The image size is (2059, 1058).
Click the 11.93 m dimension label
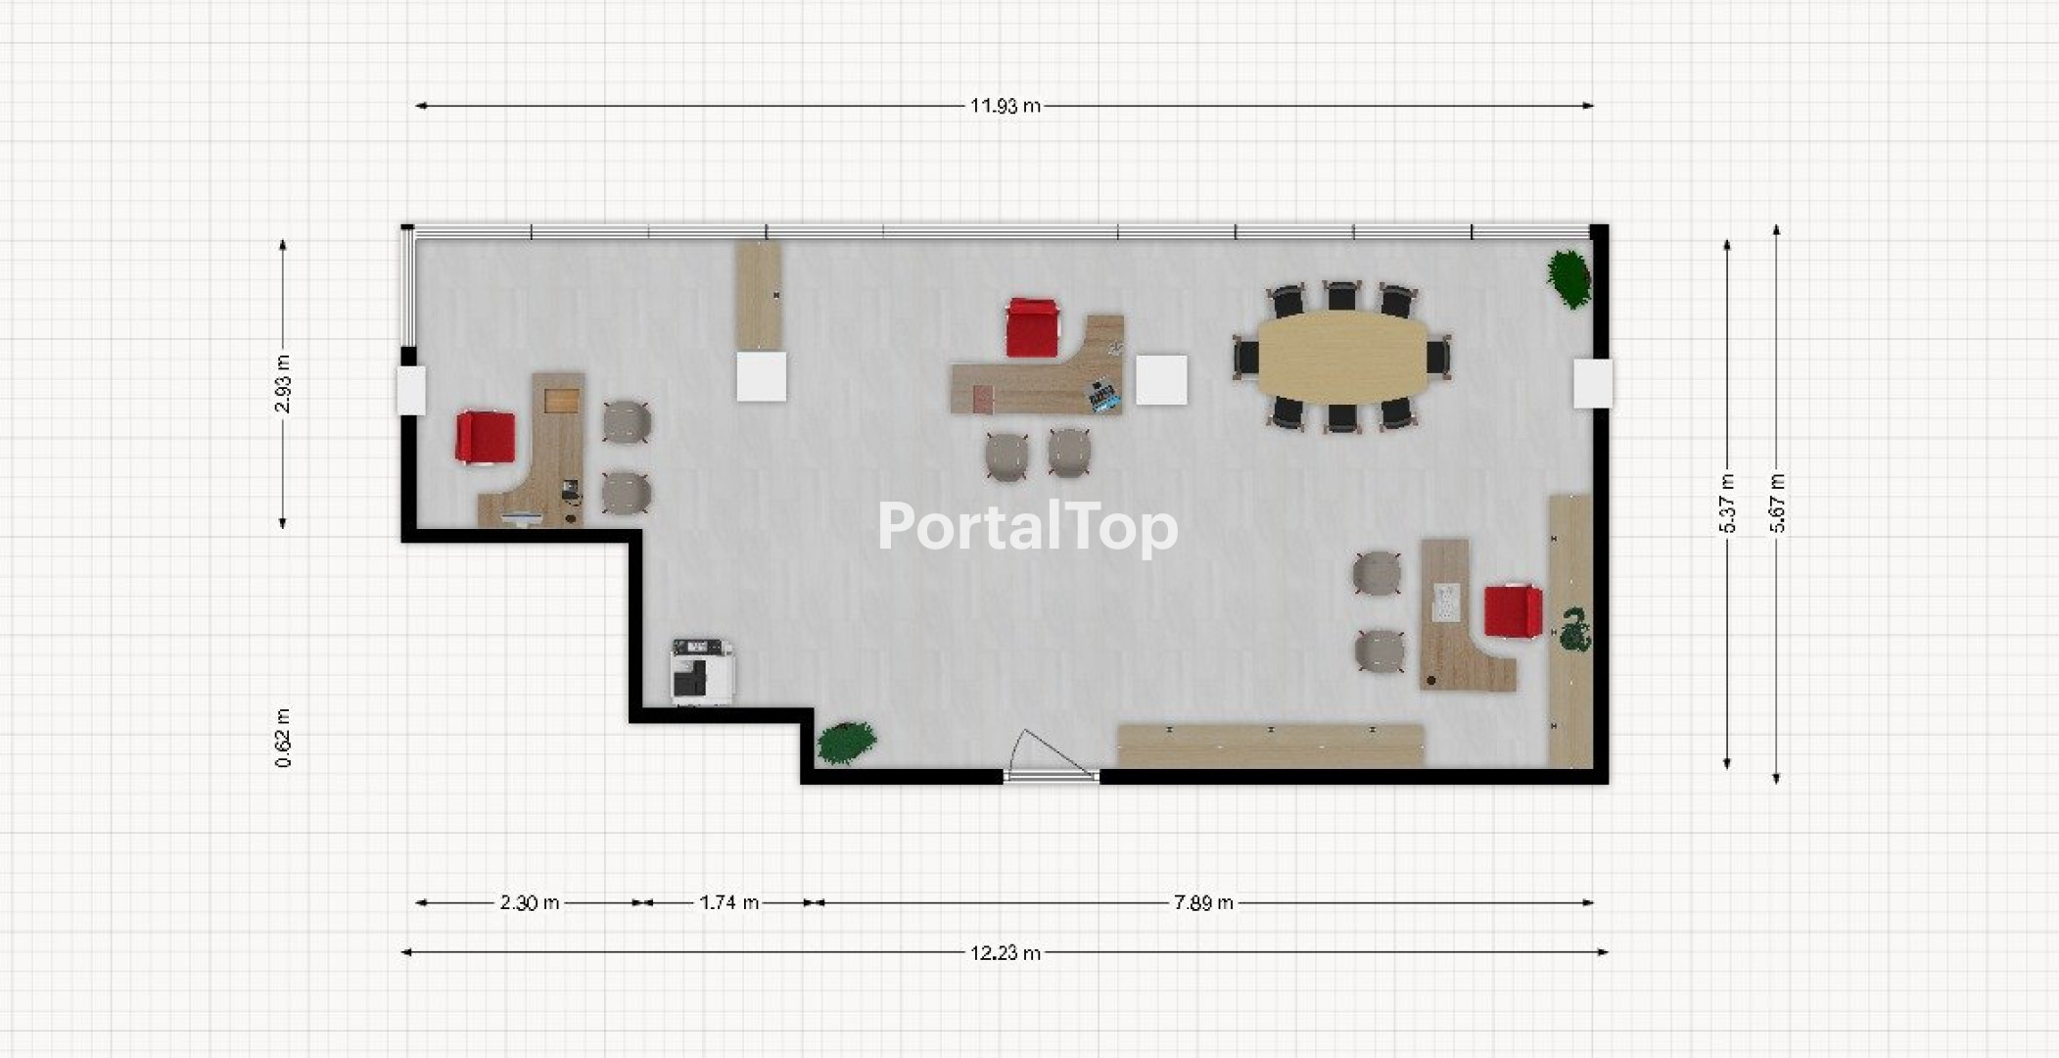coord(1005,106)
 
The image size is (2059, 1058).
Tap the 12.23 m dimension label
coord(1005,952)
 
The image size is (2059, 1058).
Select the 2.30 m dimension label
coord(530,902)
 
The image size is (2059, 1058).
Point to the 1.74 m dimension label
coord(728,902)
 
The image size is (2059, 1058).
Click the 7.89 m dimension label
coord(1203,902)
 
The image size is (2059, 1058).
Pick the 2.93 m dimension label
coord(283,383)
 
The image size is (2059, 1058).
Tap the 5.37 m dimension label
coord(1727,504)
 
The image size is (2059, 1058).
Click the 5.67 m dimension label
coord(1777,504)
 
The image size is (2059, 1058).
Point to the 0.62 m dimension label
coord(283,738)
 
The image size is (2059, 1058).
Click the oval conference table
coord(1341,357)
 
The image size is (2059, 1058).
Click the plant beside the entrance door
coord(846,743)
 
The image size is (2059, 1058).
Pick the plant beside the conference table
coord(1568,278)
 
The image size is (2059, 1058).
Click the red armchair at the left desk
coord(485,437)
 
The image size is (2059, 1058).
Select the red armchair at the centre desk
coord(1032,327)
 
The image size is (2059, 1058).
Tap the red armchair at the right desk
coord(1513,610)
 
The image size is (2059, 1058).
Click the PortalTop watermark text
coord(1028,527)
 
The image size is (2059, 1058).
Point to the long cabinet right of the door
coord(1270,746)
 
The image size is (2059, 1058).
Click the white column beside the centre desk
coord(1162,380)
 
